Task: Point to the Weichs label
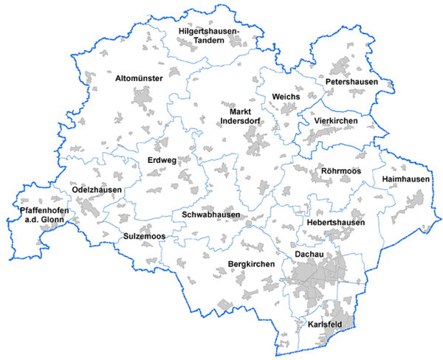click(x=286, y=97)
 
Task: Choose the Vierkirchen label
click(x=336, y=120)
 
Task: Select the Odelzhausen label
click(x=97, y=190)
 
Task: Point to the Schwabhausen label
click(x=210, y=215)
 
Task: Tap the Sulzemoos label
click(x=144, y=236)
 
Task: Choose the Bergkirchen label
click(x=251, y=263)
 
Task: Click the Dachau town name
click(x=309, y=254)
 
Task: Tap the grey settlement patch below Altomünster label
click(x=142, y=97)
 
